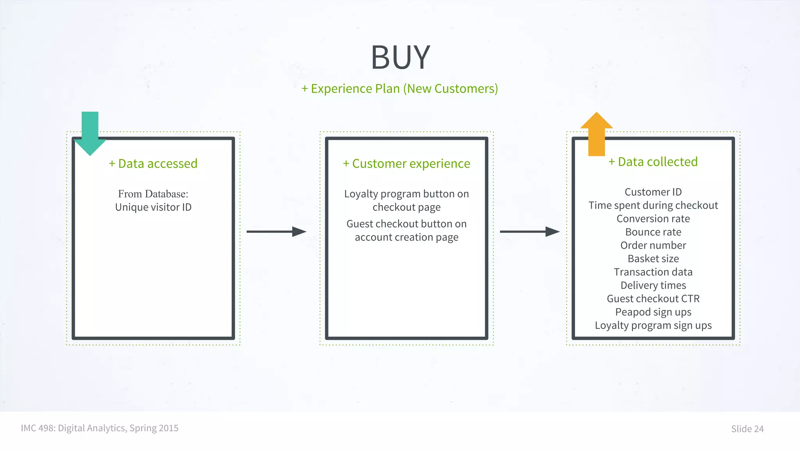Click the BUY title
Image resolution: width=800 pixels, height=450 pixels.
(x=400, y=57)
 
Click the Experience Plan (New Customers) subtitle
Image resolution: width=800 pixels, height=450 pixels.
(x=400, y=89)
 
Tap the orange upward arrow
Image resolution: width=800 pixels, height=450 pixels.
(x=596, y=135)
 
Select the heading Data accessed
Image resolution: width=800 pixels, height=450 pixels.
(x=153, y=163)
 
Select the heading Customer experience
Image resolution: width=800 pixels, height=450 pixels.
(x=406, y=163)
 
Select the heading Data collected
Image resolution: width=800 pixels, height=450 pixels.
(x=653, y=162)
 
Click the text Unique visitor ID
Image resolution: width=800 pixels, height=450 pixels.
(x=153, y=207)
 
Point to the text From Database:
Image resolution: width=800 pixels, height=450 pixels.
(x=153, y=194)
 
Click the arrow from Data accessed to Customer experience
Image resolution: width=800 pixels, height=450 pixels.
(x=276, y=232)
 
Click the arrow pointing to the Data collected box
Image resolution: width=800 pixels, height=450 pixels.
(x=529, y=232)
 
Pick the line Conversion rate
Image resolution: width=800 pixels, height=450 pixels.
(x=653, y=219)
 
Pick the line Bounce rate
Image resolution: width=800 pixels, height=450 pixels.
(x=653, y=232)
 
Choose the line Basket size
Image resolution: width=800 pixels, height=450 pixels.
(x=653, y=259)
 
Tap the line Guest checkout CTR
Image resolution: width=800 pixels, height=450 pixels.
(x=653, y=298)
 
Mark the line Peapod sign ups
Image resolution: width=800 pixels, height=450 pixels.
(x=653, y=312)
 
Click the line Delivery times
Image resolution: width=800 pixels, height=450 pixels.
(x=653, y=285)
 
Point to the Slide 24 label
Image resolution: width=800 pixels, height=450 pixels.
(x=747, y=429)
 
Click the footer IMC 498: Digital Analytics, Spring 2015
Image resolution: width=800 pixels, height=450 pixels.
(x=100, y=428)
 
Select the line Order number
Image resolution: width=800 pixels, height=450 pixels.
(x=653, y=245)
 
